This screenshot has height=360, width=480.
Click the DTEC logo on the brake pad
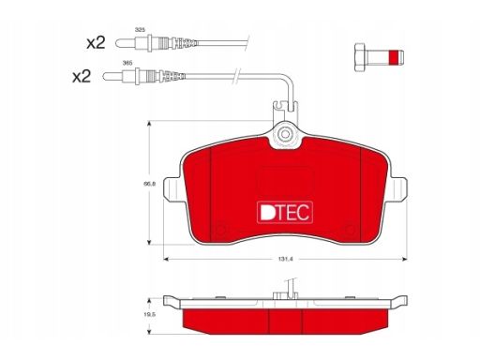coord(285,213)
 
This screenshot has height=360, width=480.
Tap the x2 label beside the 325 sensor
coord(96,42)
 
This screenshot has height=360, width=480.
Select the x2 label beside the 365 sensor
coord(82,76)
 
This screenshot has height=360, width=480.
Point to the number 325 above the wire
coord(140,30)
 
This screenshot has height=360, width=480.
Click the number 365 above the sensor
coord(127,63)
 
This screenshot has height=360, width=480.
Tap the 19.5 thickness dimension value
coord(149,315)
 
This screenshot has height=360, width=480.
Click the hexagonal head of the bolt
coord(361,57)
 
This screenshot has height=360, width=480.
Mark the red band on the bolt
coord(394,57)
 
